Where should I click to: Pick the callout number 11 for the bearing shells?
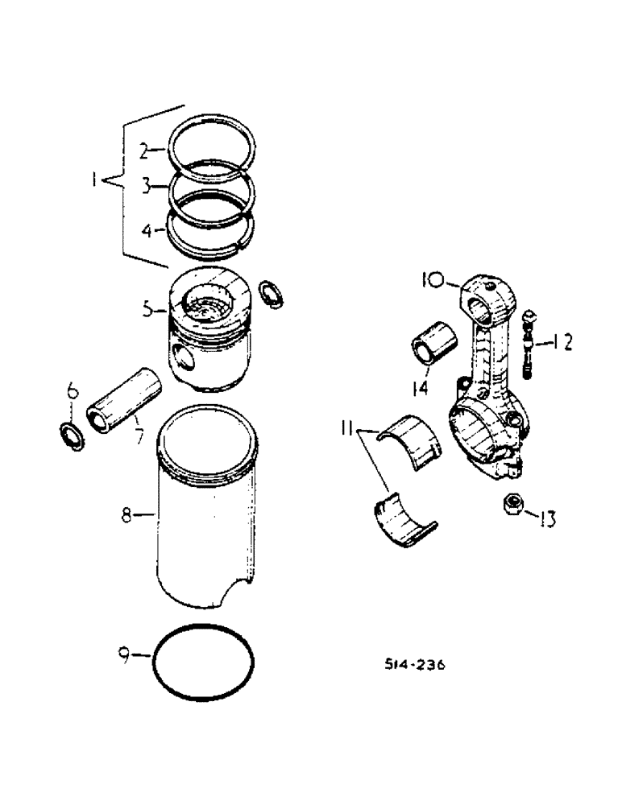click(348, 432)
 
